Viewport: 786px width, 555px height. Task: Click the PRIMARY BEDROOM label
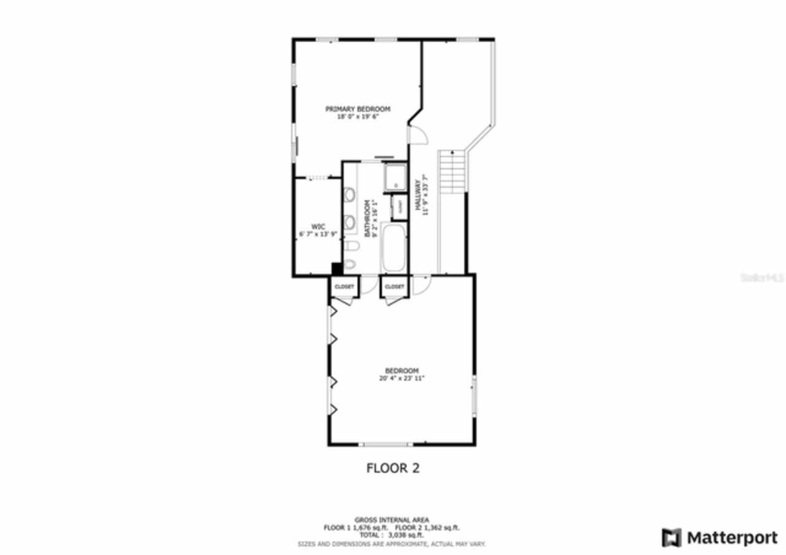[x=357, y=109]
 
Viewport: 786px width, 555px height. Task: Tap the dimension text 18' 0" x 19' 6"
[x=357, y=116]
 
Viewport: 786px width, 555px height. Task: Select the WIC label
[x=317, y=227]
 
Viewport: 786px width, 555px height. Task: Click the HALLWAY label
[x=418, y=196]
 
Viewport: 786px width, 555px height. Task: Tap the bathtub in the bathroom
[x=394, y=249]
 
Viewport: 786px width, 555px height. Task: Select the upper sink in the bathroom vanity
[x=350, y=195]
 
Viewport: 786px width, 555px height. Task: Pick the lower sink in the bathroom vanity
[x=350, y=222]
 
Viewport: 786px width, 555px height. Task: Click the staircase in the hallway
[x=451, y=172]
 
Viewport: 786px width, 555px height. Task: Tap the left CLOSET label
[x=344, y=287]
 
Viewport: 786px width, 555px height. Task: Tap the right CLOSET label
[x=394, y=287]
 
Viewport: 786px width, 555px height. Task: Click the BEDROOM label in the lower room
[x=402, y=371]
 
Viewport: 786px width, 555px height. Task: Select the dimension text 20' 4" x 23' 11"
[x=402, y=379]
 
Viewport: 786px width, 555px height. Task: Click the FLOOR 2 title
[x=392, y=468]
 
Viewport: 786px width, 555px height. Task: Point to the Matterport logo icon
[x=671, y=538]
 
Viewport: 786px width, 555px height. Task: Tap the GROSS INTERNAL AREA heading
[x=392, y=519]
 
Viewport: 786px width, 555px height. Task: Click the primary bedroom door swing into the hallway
[x=416, y=133]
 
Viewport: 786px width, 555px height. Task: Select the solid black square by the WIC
[x=337, y=268]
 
